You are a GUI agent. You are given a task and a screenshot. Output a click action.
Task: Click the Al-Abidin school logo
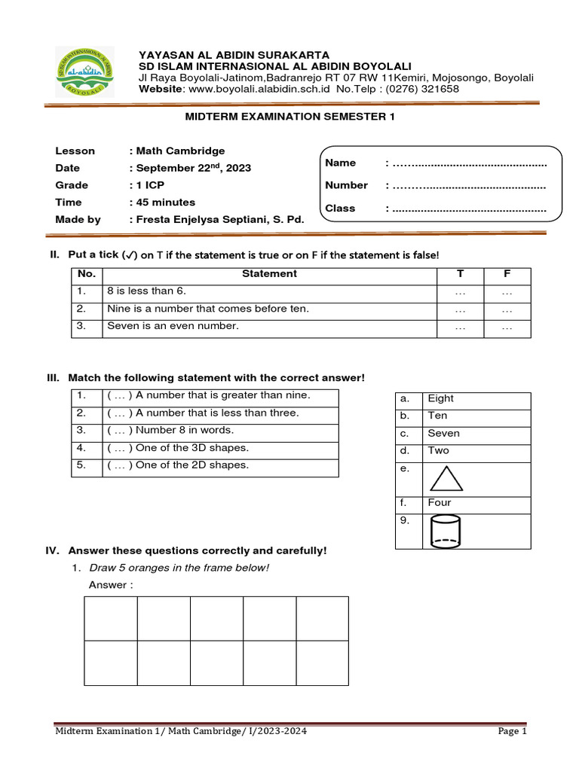click(x=86, y=71)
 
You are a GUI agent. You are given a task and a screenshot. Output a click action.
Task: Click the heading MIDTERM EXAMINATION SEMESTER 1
click(x=289, y=117)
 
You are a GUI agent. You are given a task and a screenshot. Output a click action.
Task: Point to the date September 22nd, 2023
click(x=193, y=168)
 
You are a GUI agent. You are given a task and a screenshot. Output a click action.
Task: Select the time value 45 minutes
click(x=165, y=202)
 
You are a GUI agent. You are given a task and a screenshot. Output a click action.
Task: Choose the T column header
click(x=460, y=274)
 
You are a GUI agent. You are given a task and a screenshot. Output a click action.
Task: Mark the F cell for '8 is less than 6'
click(x=507, y=291)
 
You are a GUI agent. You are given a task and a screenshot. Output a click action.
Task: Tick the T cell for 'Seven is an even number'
click(x=460, y=327)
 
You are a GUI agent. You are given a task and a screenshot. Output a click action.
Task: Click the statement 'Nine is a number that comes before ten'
click(x=208, y=309)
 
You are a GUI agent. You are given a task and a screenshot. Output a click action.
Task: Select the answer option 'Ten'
click(x=437, y=416)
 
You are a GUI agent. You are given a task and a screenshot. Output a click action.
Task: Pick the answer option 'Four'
click(x=439, y=503)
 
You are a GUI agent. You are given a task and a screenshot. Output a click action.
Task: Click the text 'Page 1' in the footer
click(x=512, y=731)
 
